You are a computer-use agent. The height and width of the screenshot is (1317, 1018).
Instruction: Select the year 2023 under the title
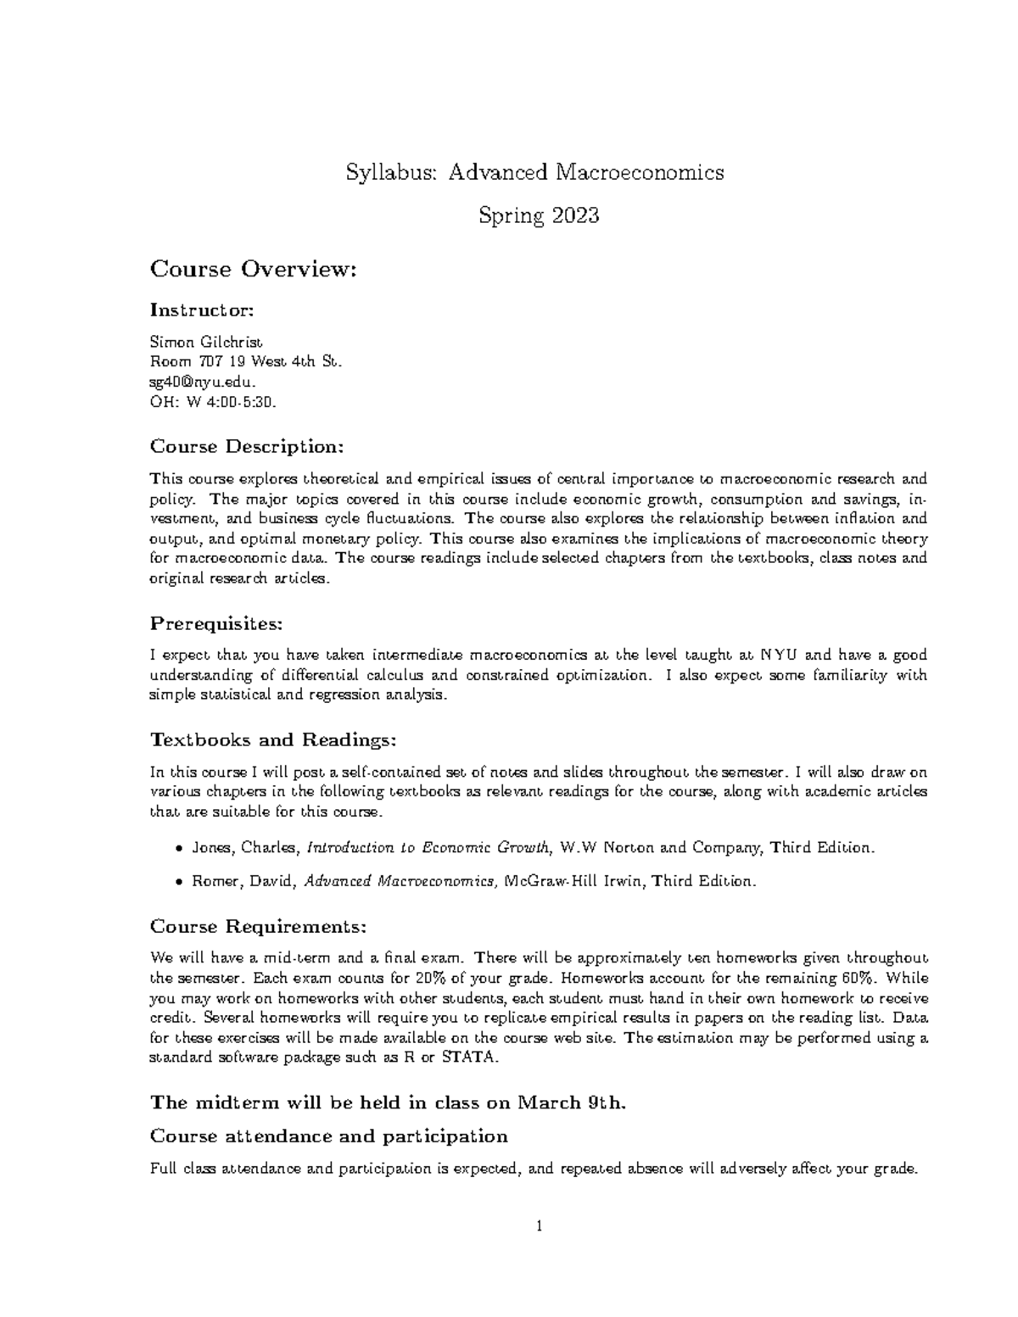[x=575, y=216]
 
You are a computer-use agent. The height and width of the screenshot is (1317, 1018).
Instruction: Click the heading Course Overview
[x=250, y=270]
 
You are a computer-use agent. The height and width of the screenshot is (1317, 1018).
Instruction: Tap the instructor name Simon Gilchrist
[x=206, y=343]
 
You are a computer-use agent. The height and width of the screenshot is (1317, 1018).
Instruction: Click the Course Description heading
[x=247, y=446]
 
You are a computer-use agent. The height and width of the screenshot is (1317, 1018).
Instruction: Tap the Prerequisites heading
[x=215, y=624]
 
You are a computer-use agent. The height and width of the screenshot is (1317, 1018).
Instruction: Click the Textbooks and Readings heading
[x=272, y=739]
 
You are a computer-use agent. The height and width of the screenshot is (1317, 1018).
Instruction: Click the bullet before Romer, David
[x=178, y=882]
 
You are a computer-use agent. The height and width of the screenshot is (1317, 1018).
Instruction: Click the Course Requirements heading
[x=258, y=926]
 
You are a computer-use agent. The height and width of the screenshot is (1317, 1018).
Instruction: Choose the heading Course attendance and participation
[x=328, y=1136]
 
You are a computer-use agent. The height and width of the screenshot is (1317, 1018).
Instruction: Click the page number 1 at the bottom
[x=539, y=1226]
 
